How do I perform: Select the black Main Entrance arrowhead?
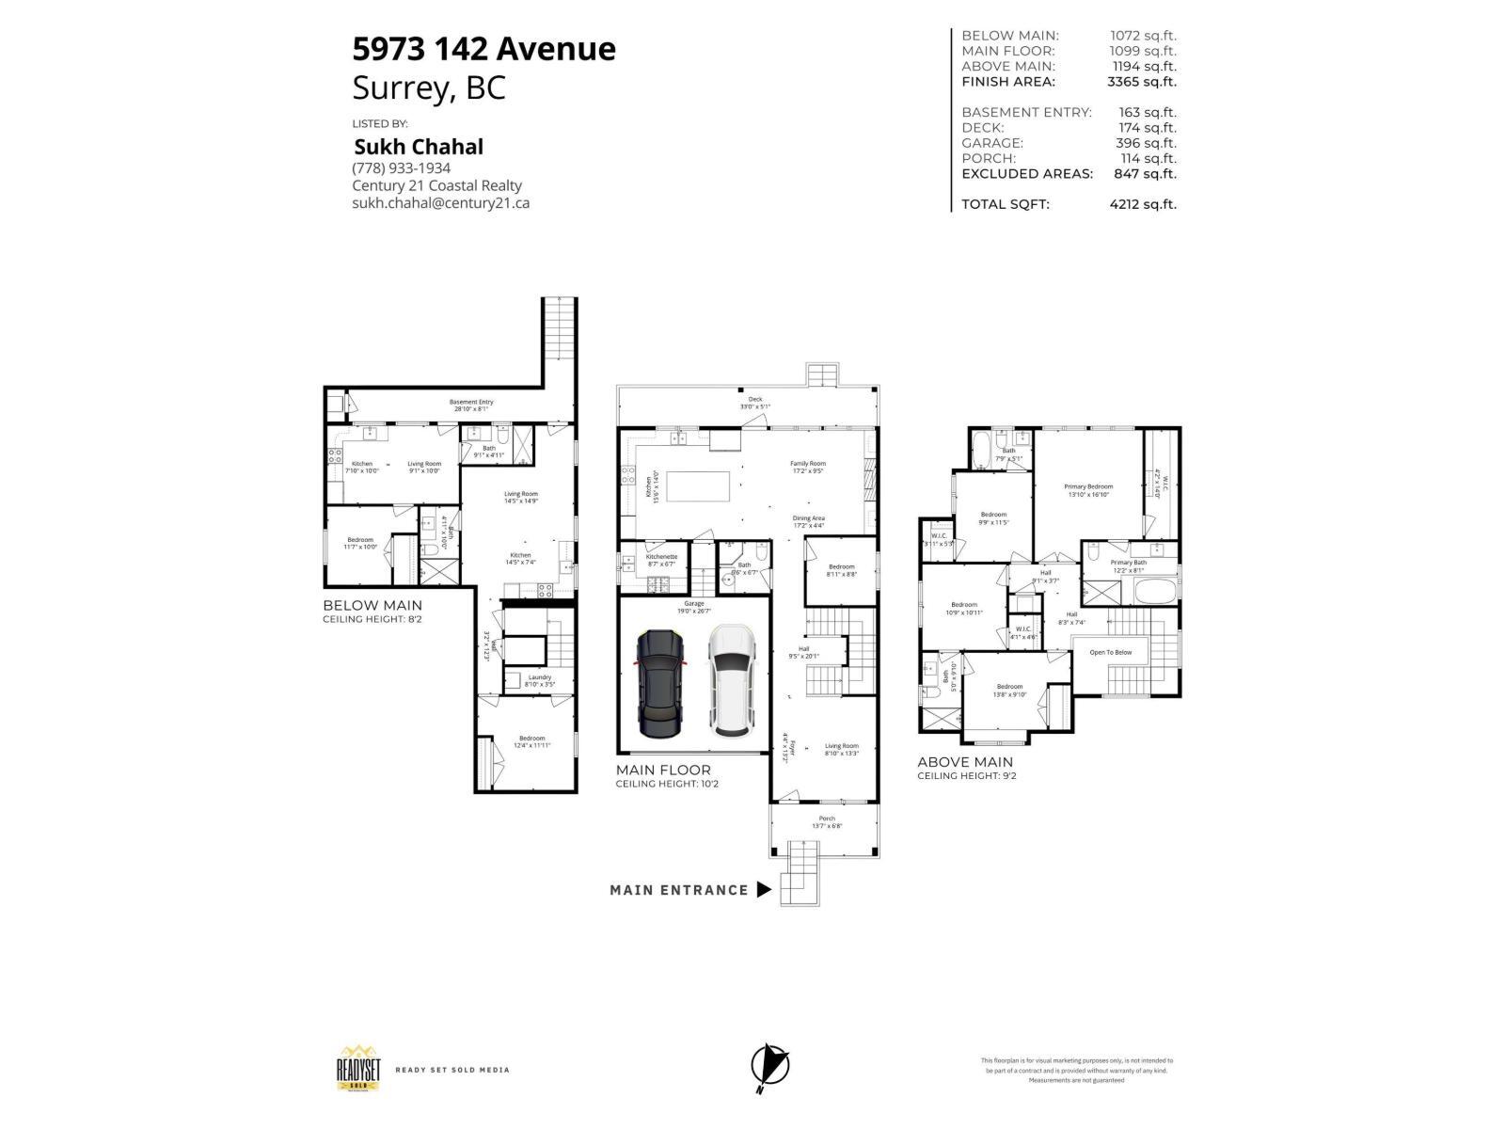click(x=764, y=889)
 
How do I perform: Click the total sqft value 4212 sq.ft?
click(x=1143, y=204)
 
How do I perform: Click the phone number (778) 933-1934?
click(x=401, y=168)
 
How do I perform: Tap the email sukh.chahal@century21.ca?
click(x=440, y=202)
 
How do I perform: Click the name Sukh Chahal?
click(x=419, y=147)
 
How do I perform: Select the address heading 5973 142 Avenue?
click(x=483, y=49)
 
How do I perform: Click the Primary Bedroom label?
click(x=1088, y=486)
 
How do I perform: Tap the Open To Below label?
click(x=1111, y=652)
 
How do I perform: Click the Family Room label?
click(x=807, y=464)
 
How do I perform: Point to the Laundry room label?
click(x=539, y=676)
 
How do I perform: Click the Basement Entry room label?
click(x=470, y=403)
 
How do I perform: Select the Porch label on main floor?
click(x=827, y=819)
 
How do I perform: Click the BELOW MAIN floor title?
click(x=372, y=606)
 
